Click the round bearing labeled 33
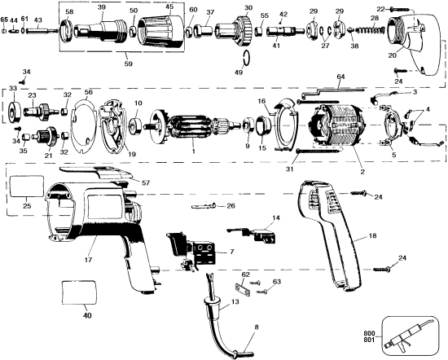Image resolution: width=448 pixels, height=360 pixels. point(13,108)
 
